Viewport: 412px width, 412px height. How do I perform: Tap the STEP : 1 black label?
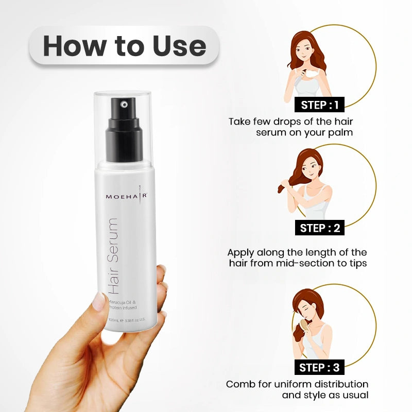[x=319, y=105]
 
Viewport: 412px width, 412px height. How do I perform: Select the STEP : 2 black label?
[x=319, y=228]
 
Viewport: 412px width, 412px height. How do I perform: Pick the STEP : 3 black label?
[x=319, y=367]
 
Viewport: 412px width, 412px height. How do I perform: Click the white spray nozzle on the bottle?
[x=123, y=105]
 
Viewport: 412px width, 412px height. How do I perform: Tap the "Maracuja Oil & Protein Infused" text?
[x=123, y=304]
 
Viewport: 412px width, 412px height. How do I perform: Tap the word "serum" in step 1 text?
[x=273, y=133]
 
